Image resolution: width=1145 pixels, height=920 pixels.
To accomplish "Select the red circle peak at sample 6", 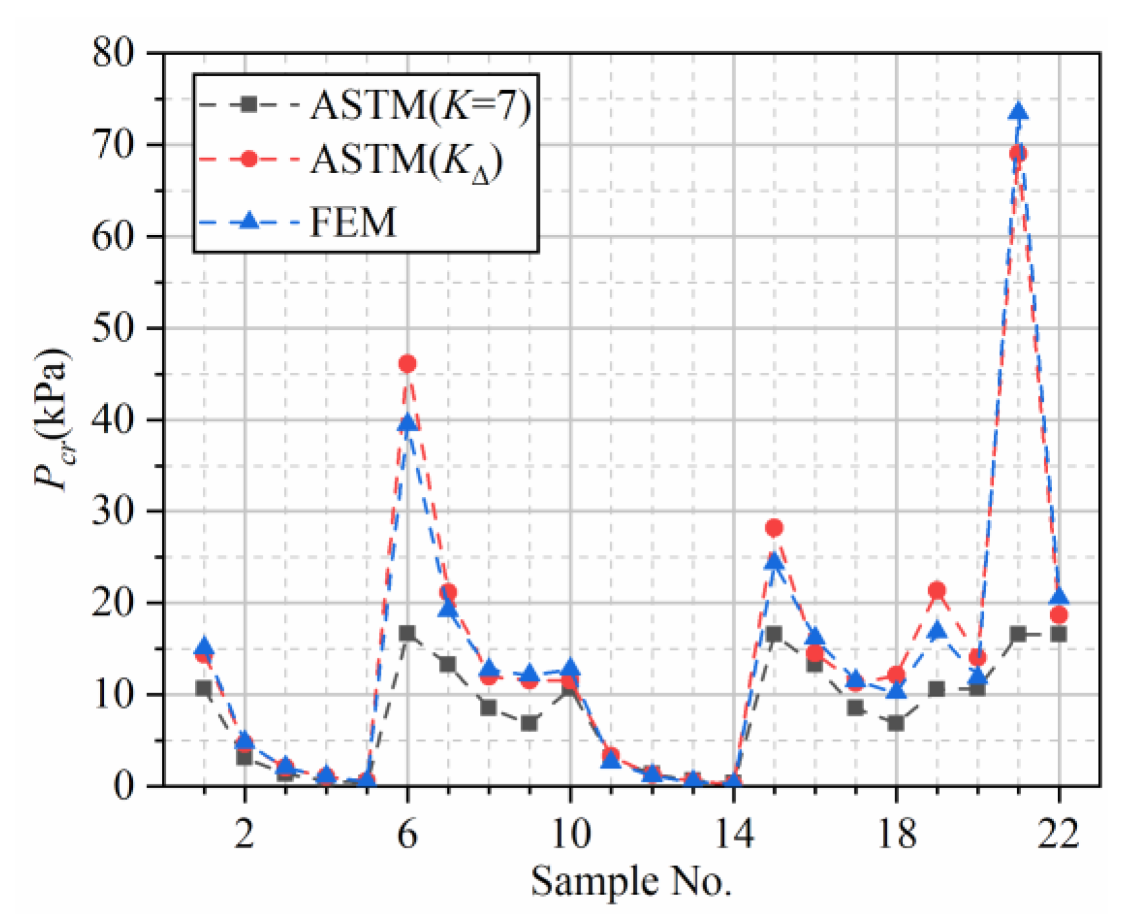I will tap(407, 364).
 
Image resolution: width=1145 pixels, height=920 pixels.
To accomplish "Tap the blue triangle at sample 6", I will tap(407, 424).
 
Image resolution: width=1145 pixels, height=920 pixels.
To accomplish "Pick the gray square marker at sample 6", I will tap(407, 633).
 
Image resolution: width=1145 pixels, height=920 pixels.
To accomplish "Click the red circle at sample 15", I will tap(774, 528).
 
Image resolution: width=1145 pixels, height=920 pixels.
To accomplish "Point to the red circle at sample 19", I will tap(936, 591).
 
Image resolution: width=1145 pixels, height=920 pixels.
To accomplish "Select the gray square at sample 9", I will tap(529, 723).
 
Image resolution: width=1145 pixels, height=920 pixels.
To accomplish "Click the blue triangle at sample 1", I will tap(204, 647).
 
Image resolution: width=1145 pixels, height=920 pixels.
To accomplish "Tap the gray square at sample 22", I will tap(1058, 634).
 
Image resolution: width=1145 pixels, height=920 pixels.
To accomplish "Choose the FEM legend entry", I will tap(353, 223).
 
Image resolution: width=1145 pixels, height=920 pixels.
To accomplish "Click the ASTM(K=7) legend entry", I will tap(420, 105).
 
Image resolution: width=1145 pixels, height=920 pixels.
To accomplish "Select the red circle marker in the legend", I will tap(249, 159).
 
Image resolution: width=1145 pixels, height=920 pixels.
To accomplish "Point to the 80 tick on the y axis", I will tap(114, 53).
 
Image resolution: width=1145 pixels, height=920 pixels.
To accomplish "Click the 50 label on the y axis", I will tap(114, 329).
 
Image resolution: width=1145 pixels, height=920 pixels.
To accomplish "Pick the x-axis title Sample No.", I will tap(631, 881).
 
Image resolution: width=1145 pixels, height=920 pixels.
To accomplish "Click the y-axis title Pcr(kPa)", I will tap(52, 420).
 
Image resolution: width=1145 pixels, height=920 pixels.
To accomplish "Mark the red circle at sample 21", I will tap(1018, 153).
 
